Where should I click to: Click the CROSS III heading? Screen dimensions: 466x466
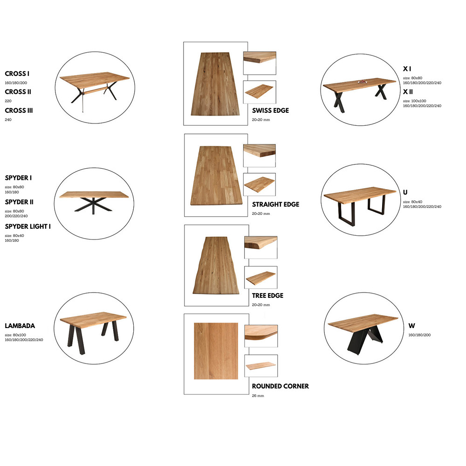pyautogui.click(x=19, y=110)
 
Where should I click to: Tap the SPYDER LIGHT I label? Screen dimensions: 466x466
pyautogui.click(x=27, y=226)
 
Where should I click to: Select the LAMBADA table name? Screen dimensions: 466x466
pyautogui.click(x=20, y=326)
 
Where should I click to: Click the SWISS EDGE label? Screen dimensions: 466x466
pyautogui.click(x=270, y=110)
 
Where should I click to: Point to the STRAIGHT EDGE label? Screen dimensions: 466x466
pyautogui.click(x=275, y=205)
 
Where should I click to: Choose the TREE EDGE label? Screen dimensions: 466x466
pyautogui.click(x=267, y=296)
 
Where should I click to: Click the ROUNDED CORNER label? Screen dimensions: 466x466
pyautogui.click(x=280, y=386)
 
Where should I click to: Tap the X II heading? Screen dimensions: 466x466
pyautogui.click(x=408, y=92)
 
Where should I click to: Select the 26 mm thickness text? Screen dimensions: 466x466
pyautogui.click(x=258, y=396)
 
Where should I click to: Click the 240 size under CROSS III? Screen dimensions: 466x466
pyautogui.click(x=8, y=120)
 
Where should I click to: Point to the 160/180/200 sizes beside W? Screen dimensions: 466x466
pyautogui.click(x=419, y=335)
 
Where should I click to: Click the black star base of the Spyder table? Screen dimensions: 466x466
pyautogui.click(x=93, y=205)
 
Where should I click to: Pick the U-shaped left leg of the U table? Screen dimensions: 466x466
pyautogui.click(x=347, y=213)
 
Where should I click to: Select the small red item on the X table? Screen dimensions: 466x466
pyautogui.click(x=362, y=82)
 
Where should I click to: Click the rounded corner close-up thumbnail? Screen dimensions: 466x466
pyautogui.click(x=261, y=336)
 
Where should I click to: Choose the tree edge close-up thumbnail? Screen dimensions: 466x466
pyautogui.click(x=260, y=247)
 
